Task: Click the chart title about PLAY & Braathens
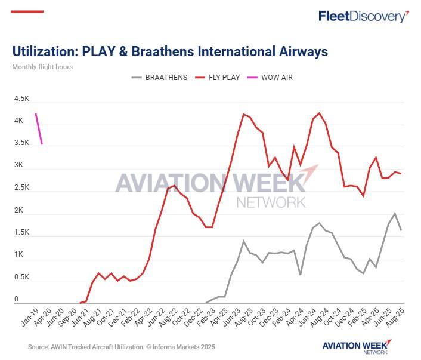[x=170, y=51]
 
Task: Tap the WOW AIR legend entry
[x=275, y=78]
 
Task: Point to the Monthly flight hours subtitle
[x=42, y=67]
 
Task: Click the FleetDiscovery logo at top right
[x=364, y=16]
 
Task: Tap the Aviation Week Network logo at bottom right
[x=357, y=346]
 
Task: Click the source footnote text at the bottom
[x=121, y=347]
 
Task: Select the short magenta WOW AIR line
[x=39, y=128]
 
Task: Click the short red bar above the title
[x=27, y=11]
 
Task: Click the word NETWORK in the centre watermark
[x=271, y=202]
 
